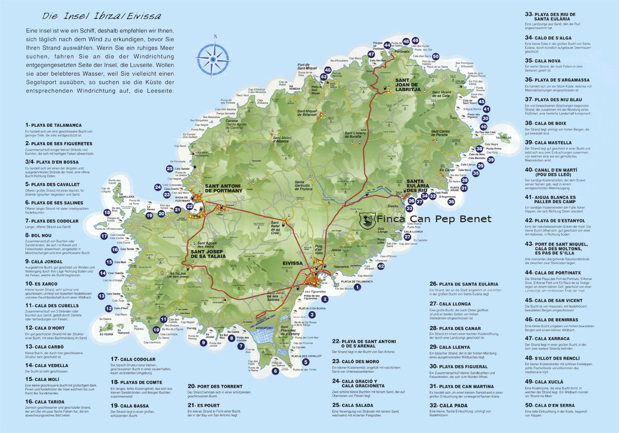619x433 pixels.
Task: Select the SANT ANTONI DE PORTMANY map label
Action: coord(223,188)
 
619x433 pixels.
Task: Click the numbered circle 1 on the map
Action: coord(357,287)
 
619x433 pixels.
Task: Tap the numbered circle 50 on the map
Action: coord(435,57)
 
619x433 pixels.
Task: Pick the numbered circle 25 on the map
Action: coord(170,168)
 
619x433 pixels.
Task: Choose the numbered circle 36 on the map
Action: coord(451,202)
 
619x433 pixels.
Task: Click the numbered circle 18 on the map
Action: coord(107,212)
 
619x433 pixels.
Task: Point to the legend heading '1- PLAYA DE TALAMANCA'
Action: coord(53,125)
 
